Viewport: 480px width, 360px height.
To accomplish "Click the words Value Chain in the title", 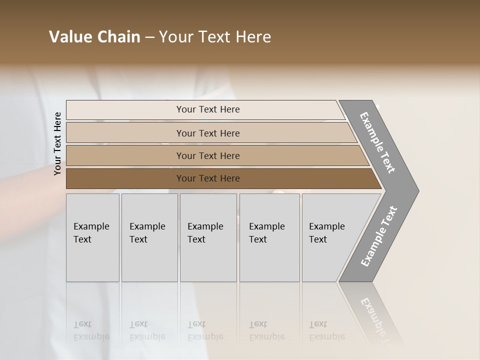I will click(x=94, y=37).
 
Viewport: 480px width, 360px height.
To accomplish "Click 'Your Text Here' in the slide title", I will click(x=215, y=37).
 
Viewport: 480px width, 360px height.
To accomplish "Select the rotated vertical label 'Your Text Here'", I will click(x=57, y=143).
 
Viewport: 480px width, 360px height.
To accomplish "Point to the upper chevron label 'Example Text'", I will click(x=377, y=142).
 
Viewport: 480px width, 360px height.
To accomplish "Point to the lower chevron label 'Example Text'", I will click(x=378, y=236).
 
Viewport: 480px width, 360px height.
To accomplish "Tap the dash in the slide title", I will click(x=149, y=37).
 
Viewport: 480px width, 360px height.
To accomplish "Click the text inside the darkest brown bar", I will click(x=208, y=178).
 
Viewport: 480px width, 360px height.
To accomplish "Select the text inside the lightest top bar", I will click(x=208, y=109).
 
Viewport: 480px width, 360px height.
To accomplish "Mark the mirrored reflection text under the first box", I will click(x=91, y=331).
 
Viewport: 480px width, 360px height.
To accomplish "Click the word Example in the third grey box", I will click(x=205, y=226).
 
